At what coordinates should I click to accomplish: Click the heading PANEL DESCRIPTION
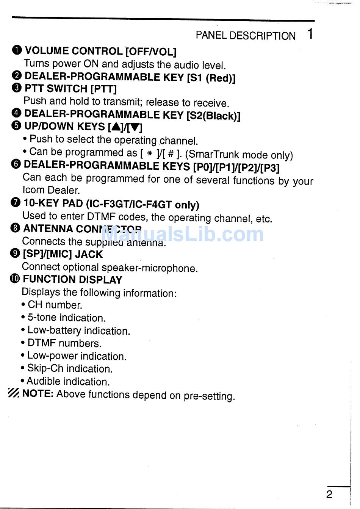coord(245,36)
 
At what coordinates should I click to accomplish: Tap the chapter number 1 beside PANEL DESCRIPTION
coord(310,34)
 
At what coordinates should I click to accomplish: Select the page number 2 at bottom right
coord(329,494)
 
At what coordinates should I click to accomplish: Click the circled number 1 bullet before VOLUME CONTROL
coord(17,50)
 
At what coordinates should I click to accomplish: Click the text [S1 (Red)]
coord(211,78)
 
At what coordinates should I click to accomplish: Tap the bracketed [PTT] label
coord(103,89)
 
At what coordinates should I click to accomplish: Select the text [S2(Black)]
coord(213,116)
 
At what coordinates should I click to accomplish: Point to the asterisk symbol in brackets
coord(149,153)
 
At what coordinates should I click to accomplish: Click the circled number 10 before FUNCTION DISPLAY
coord(15,279)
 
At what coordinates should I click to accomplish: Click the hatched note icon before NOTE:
coord(14,393)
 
